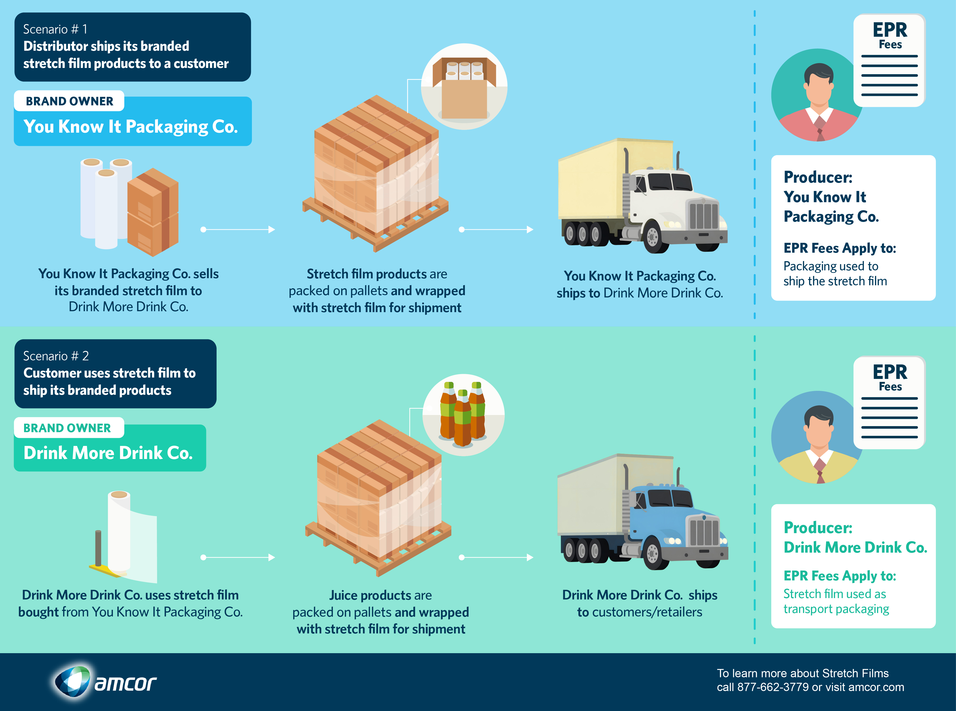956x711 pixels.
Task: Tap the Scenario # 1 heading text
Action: click(55, 29)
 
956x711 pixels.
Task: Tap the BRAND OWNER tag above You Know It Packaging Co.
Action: click(69, 101)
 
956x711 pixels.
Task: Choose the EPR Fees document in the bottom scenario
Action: click(889, 402)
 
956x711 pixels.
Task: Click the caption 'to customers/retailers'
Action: click(640, 612)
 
